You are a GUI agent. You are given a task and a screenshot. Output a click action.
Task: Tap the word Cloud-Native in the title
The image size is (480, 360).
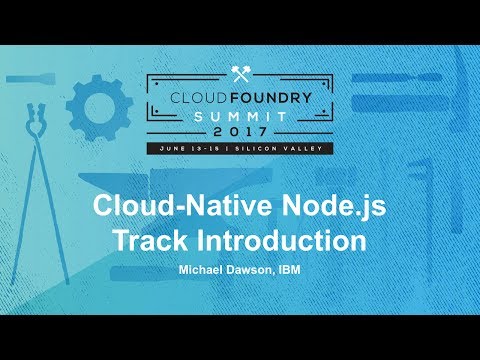(x=164, y=207)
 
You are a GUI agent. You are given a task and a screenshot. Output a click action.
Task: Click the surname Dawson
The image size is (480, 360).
(x=254, y=270)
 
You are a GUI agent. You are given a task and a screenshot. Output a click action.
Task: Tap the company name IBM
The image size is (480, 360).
(x=292, y=270)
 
